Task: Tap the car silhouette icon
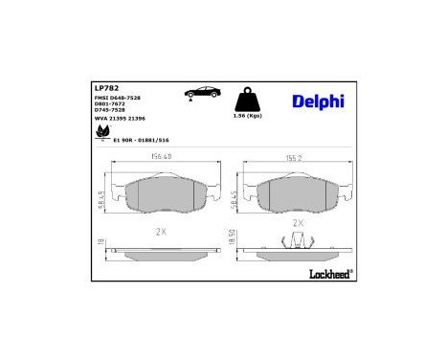(205, 92)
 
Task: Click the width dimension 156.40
(157, 160)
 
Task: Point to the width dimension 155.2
(292, 160)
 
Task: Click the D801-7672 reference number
(111, 103)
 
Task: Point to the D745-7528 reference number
(111, 110)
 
